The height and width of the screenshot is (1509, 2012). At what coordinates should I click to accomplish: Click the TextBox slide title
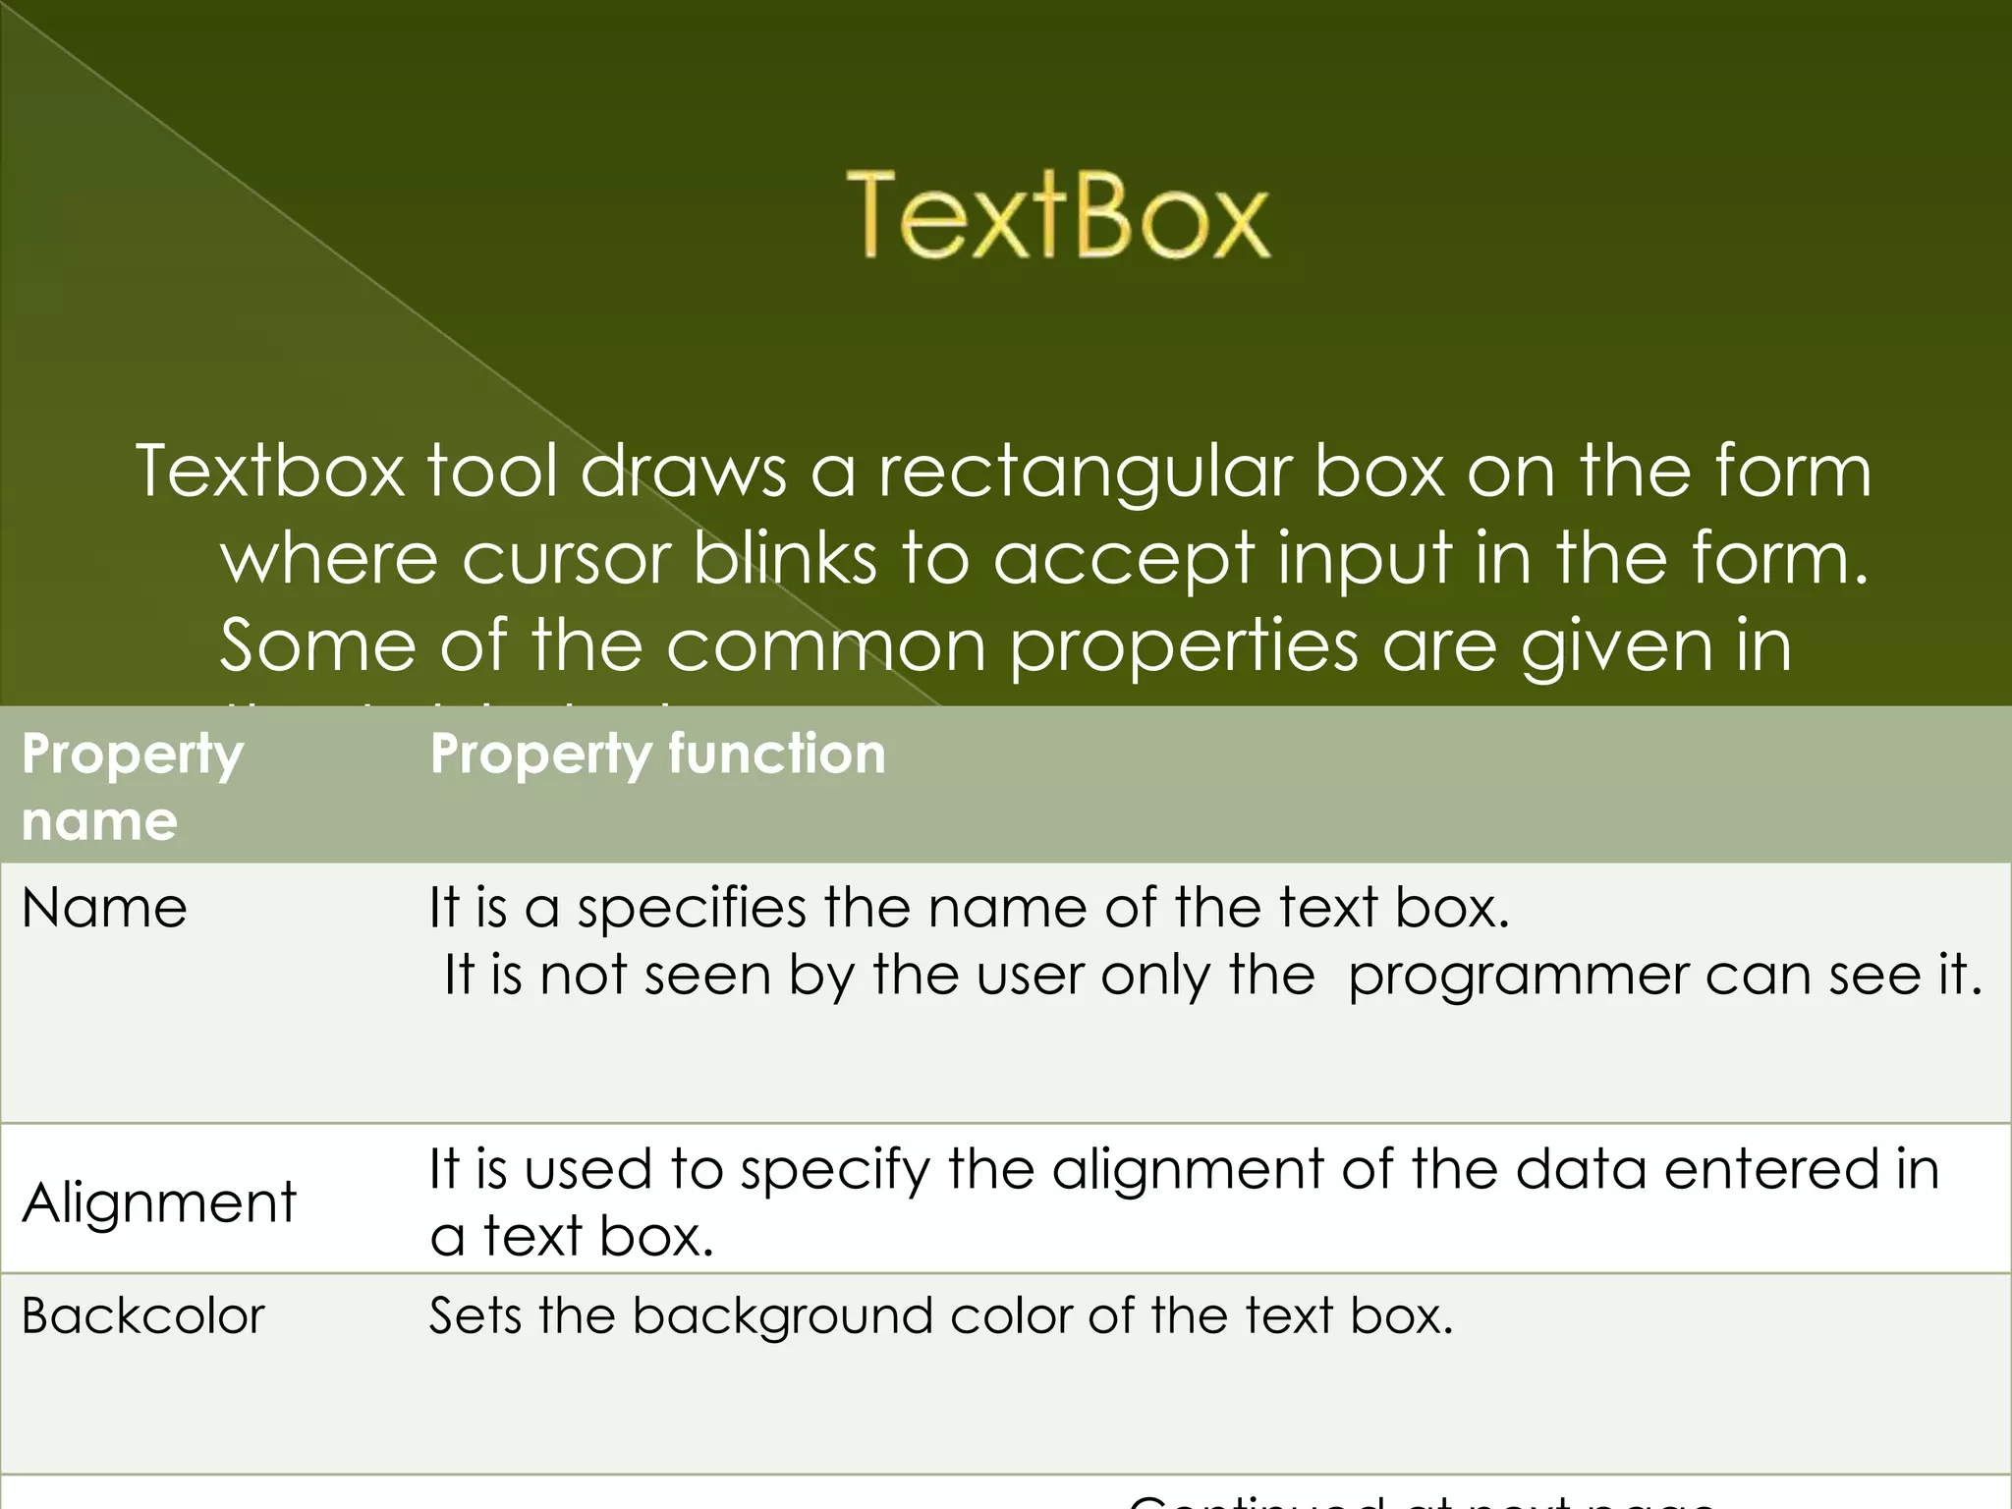[x=1058, y=215]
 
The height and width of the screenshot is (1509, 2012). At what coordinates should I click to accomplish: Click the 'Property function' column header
[x=658, y=754]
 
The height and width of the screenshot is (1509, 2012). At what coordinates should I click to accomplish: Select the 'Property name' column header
[x=132, y=786]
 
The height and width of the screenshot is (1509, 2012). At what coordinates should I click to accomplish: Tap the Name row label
[x=104, y=908]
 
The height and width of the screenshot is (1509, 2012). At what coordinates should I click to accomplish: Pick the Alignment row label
[x=159, y=1202]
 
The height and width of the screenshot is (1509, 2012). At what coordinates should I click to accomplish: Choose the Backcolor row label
[x=143, y=1316]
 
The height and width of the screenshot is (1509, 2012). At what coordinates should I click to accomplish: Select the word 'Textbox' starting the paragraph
[x=270, y=472]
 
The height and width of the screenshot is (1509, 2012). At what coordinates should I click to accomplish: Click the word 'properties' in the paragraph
[x=1184, y=646]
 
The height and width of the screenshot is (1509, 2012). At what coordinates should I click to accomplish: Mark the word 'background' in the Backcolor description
[x=782, y=1317]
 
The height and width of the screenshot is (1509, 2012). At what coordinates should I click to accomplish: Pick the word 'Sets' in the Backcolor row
[x=474, y=1316]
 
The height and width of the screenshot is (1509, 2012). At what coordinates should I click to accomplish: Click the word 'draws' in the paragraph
[x=683, y=472]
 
